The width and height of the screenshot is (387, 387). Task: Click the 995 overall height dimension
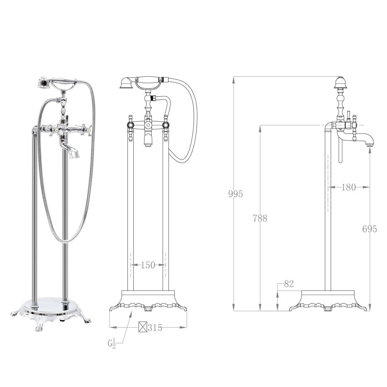[235, 194]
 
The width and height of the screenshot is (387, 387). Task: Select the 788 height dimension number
[260, 218]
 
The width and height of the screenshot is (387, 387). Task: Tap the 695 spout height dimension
[369, 229]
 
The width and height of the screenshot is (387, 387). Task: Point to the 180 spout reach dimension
[348, 187]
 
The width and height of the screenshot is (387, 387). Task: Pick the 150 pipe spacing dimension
[148, 265]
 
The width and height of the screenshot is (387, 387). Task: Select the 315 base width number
[155, 328]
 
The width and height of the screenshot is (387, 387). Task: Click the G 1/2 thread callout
[111, 344]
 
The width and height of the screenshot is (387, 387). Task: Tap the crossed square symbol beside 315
[142, 328]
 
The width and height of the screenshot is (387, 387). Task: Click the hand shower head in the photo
[44, 82]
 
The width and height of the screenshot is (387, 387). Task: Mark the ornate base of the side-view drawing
[328, 301]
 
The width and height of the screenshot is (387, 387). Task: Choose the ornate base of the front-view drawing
[148, 301]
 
